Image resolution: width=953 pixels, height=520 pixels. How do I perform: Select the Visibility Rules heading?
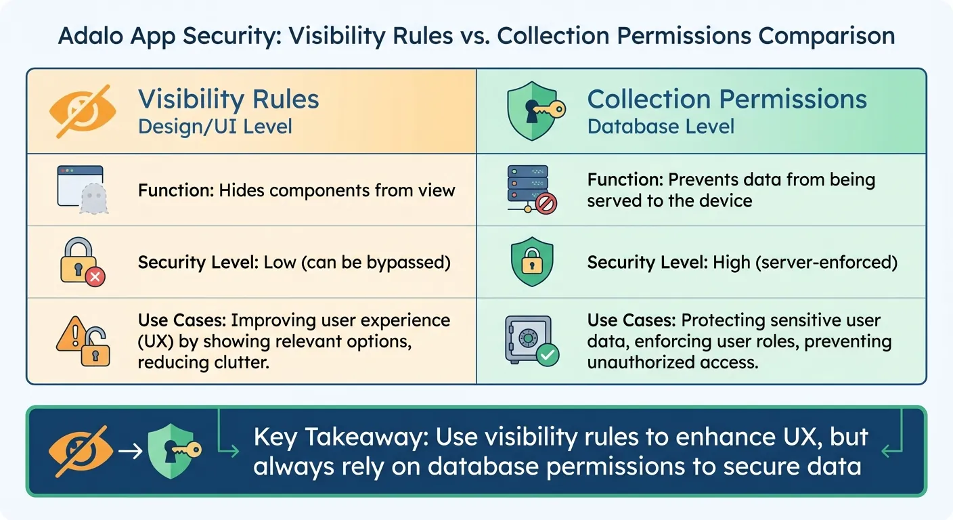(228, 100)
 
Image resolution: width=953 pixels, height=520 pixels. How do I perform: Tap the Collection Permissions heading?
(726, 100)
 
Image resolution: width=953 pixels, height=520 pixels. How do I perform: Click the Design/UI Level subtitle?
(215, 126)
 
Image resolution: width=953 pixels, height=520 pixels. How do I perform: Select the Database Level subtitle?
(661, 126)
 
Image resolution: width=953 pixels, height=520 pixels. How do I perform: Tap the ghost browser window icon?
(81, 190)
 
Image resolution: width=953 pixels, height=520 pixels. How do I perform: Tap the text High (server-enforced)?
(805, 262)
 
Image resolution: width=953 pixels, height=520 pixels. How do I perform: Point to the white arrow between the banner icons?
(131, 450)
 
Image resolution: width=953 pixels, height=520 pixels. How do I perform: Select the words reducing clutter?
(203, 362)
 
